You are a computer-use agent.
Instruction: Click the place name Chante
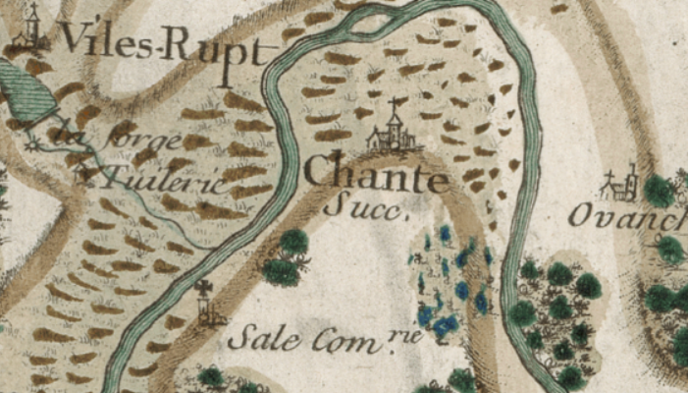(x=376, y=176)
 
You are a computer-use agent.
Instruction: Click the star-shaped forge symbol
(x=37, y=142)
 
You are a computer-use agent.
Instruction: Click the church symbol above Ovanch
(x=621, y=184)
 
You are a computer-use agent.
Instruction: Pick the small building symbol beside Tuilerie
(x=86, y=175)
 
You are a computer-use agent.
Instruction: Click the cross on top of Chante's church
(x=395, y=103)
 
